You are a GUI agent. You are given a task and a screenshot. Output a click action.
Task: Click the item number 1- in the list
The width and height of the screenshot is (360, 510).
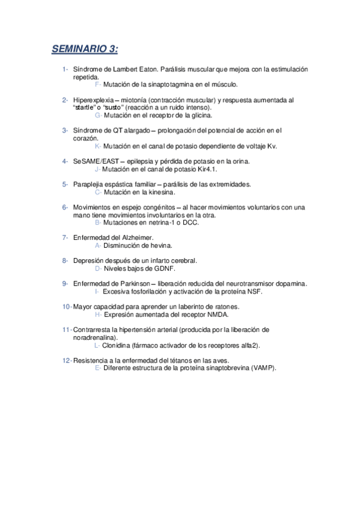point(65,70)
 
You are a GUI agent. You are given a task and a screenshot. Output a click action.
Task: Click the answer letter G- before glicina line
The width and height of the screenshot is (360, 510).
point(99,115)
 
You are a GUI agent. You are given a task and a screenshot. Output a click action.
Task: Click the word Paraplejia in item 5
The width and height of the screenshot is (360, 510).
point(88,184)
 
